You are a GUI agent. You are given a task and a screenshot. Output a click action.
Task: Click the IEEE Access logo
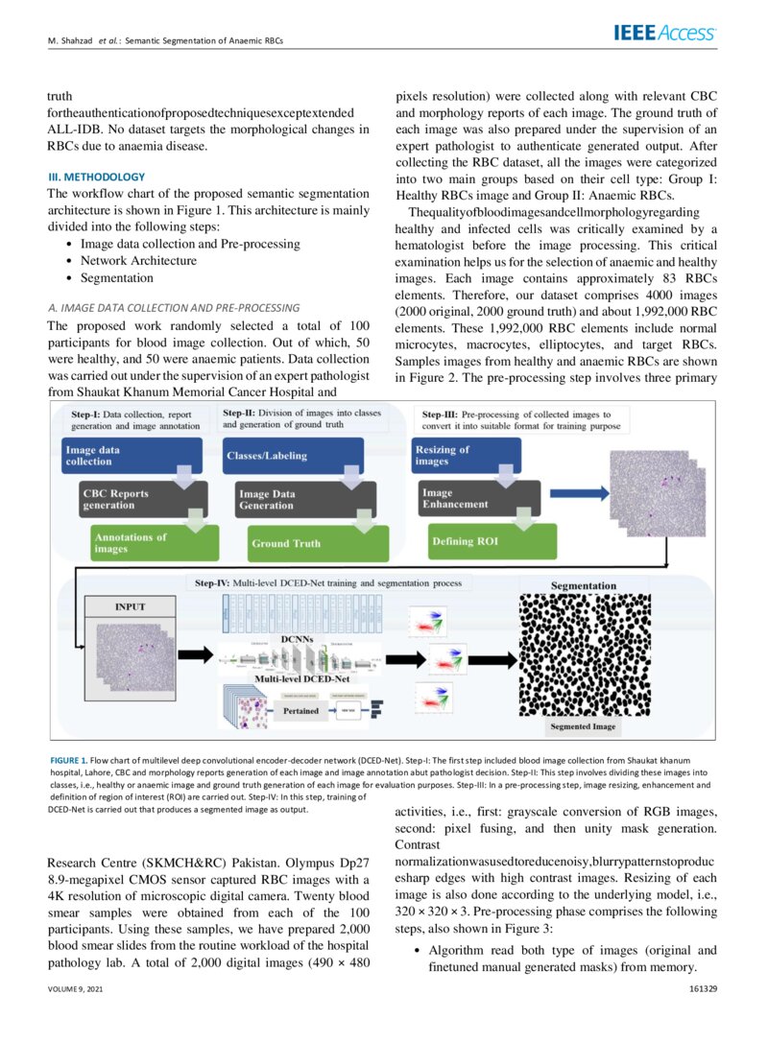coord(664,34)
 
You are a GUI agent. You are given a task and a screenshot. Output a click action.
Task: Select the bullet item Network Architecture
coord(138,261)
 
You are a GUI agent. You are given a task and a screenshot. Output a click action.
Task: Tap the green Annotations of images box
coord(144,543)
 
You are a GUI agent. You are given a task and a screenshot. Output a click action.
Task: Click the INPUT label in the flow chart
coord(131,606)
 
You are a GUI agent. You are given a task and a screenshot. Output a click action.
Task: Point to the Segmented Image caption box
coord(584,727)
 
